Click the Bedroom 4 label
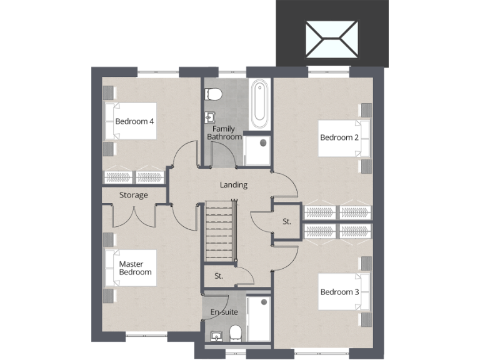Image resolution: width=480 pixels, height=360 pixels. pos(134,121)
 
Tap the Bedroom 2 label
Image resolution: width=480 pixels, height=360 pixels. pos(339,137)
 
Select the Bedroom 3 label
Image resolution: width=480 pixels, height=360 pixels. pos(339,292)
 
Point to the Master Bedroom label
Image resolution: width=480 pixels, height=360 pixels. pos(135,268)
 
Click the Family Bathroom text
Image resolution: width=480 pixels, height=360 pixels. pos(224,132)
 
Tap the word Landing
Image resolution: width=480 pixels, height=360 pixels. pos(234,185)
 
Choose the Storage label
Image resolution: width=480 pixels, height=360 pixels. pos(134,195)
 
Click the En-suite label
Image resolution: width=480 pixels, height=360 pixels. pos(224,312)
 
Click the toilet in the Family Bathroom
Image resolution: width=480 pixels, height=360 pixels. pos(214,94)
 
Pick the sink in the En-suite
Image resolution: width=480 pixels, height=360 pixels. pos(216,336)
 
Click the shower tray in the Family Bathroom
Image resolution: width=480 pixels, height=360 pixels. pos(257,151)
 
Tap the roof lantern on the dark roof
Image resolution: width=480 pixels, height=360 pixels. pos(332,39)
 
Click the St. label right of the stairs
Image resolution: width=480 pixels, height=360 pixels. pos(287,221)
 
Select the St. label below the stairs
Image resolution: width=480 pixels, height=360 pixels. pos(219,276)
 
